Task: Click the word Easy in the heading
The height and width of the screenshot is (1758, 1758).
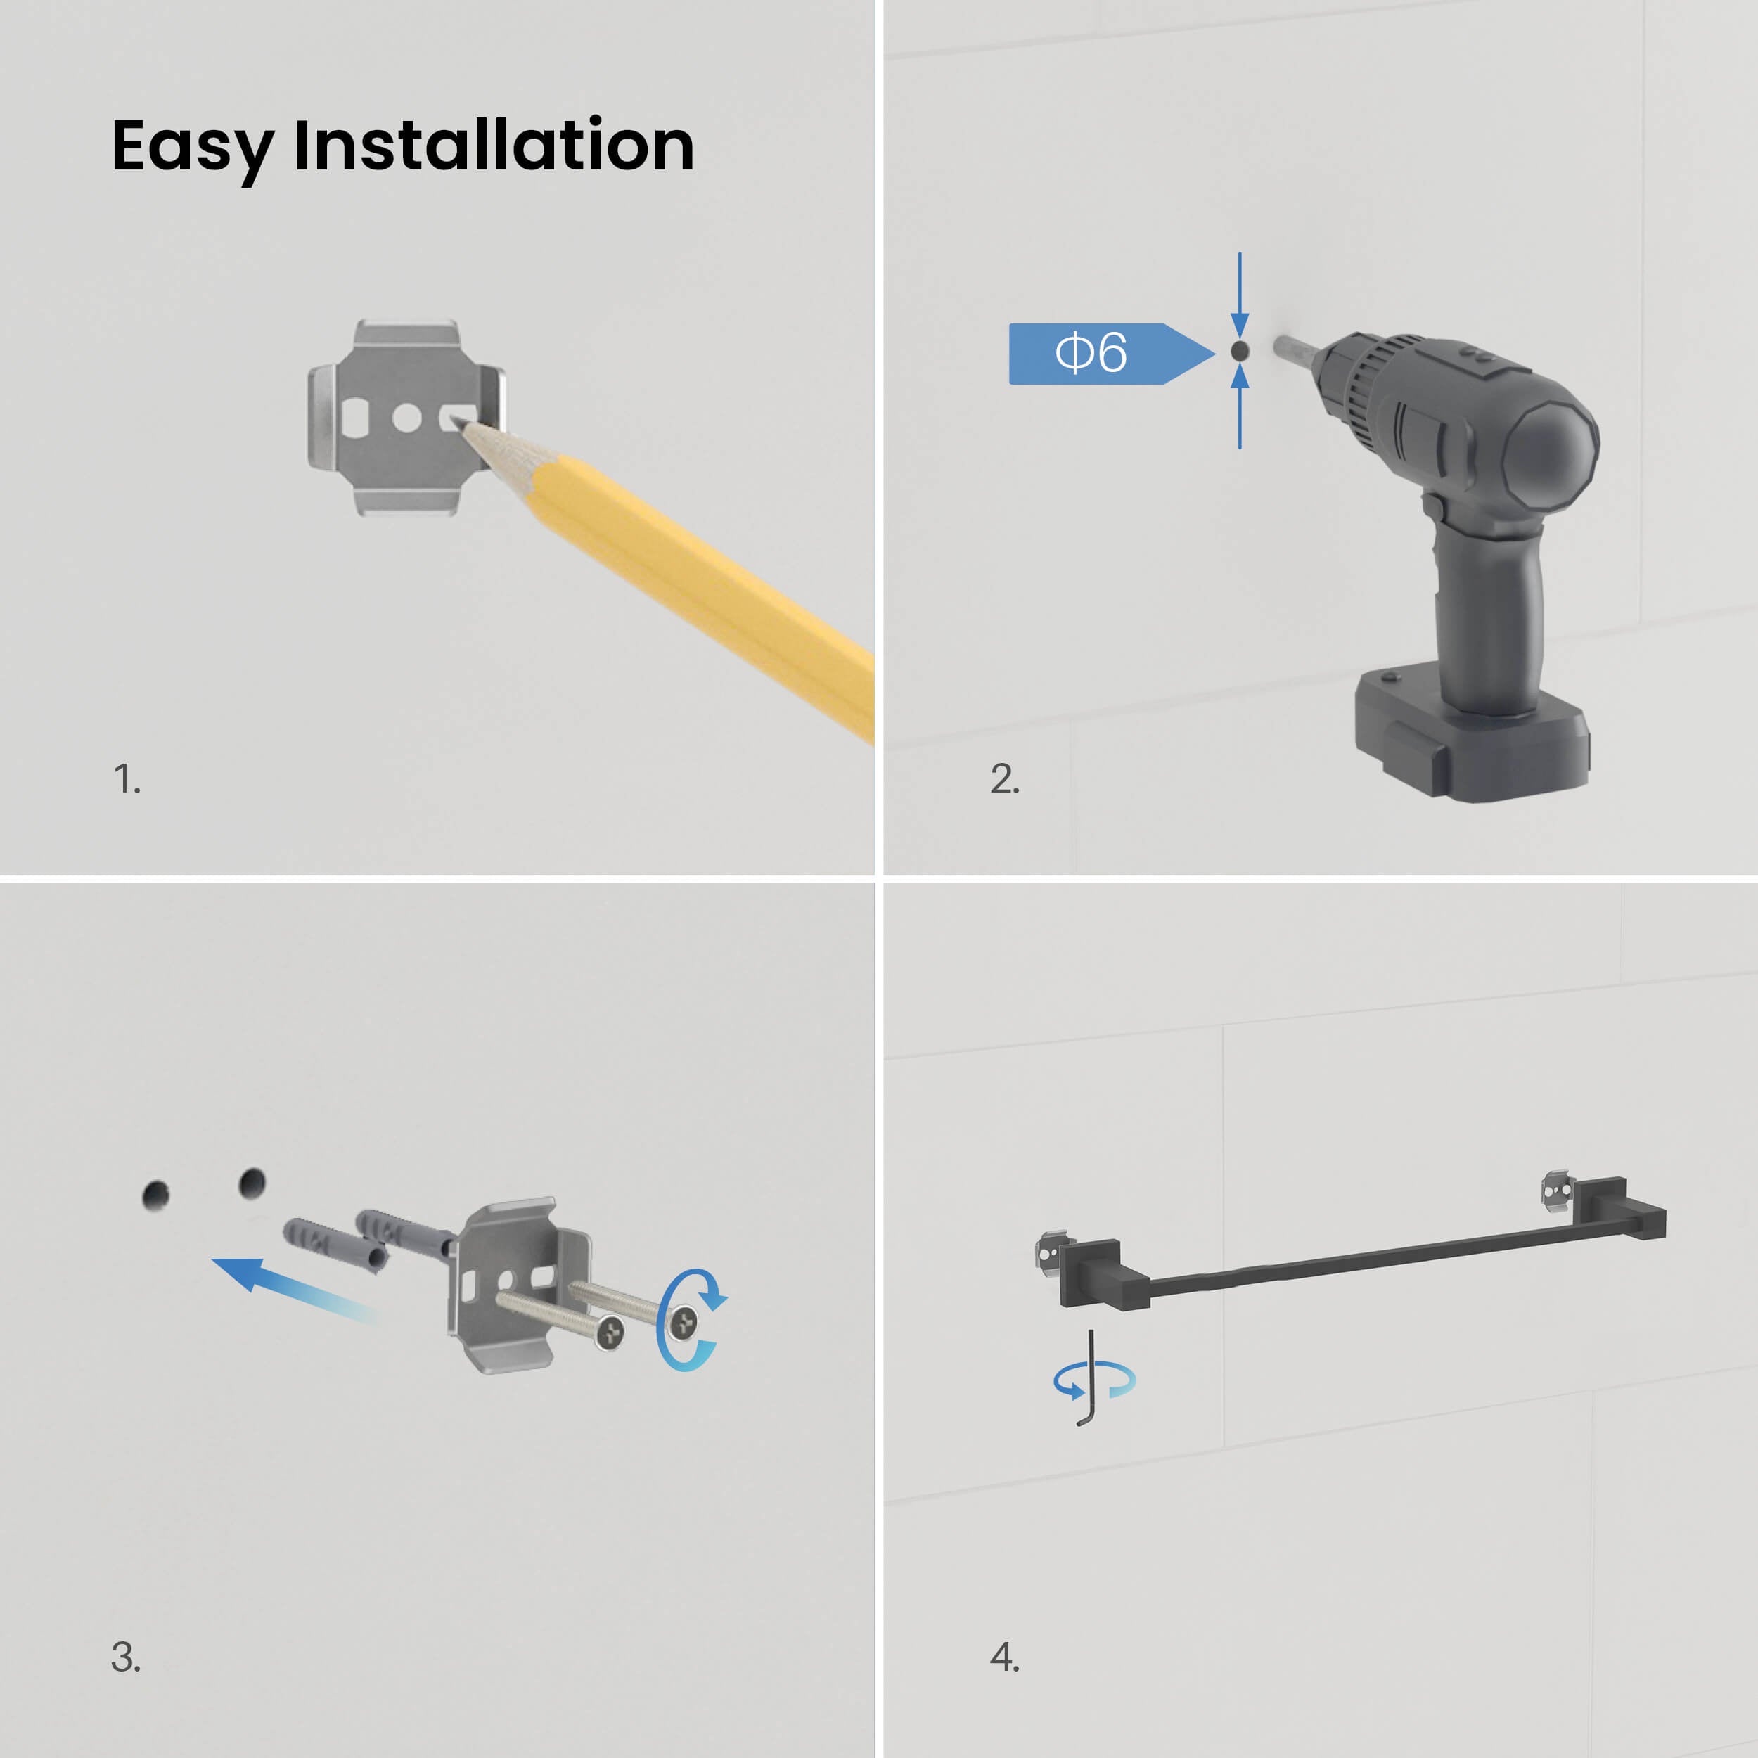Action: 192,148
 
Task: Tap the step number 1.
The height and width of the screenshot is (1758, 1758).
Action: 127,779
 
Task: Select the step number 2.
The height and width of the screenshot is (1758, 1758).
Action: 1005,779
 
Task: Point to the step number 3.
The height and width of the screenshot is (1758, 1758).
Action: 126,1656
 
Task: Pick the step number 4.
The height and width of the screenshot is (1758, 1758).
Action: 1005,1656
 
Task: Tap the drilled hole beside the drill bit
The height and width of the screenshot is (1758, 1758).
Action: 1239,350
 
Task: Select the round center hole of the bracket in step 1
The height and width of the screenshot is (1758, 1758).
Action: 406,418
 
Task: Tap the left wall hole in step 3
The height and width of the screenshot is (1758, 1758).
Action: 157,1195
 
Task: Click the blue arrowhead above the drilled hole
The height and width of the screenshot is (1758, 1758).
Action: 1239,325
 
